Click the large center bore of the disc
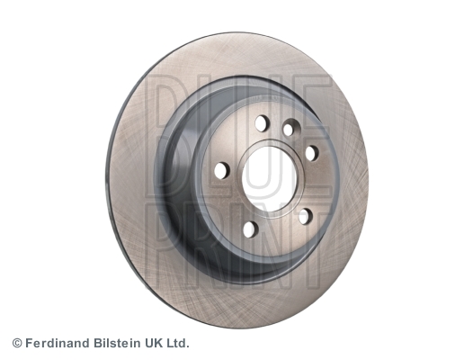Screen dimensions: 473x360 click(x=269, y=179)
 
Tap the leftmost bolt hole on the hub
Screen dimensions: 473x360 click(x=222, y=170)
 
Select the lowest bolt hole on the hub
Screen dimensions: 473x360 click(x=250, y=229)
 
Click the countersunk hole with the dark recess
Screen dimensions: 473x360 click(x=291, y=128)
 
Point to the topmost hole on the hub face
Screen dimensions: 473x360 click(x=262, y=123)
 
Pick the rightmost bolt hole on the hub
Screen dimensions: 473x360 click(x=312, y=153)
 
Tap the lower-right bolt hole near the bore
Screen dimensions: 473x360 click(x=305, y=216)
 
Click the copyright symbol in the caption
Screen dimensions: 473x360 click(x=17, y=344)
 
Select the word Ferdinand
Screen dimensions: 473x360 click(x=58, y=343)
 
